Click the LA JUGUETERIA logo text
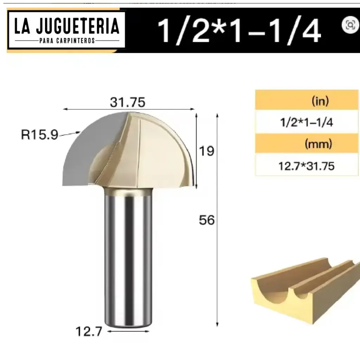(66, 26)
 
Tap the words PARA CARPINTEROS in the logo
(66, 40)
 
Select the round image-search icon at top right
(349, 25)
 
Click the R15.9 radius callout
(39, 135)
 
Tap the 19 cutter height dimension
(207, 151)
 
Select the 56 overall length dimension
(207, 220)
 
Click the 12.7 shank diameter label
(89, 331)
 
